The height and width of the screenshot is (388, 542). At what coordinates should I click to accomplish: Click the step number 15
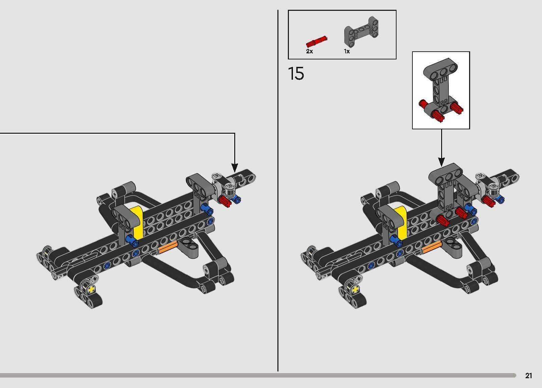pyautogui.click(x=296, y=74)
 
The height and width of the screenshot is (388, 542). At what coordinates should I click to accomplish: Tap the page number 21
pyautogui.click(x=529, y=376)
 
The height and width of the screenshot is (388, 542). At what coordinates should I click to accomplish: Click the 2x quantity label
pyautogui.click(x=309, y=51)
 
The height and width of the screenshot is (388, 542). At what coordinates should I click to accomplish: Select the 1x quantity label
pyautogui.click(x=347, y=51)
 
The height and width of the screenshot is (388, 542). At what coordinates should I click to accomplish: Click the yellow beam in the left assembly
pyautogui.click(x=138, y=221)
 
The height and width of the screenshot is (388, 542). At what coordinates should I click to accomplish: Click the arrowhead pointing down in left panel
pyautogui.click(x=235, y=167)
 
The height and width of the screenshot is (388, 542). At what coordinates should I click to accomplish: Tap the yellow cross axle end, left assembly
pyautogui.click(x=90, y=289)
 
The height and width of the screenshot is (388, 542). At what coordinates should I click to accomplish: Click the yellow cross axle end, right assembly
pyautogui.click(x=355, y=289)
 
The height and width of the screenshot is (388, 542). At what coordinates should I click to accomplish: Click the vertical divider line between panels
pyautogui.click(x=278, y=189)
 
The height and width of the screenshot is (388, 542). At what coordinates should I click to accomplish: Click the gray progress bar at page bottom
pyautogui.click(x=256, y=375)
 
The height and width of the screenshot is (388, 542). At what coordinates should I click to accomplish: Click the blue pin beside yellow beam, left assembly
pyautogui.click(x=131, y=241)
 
